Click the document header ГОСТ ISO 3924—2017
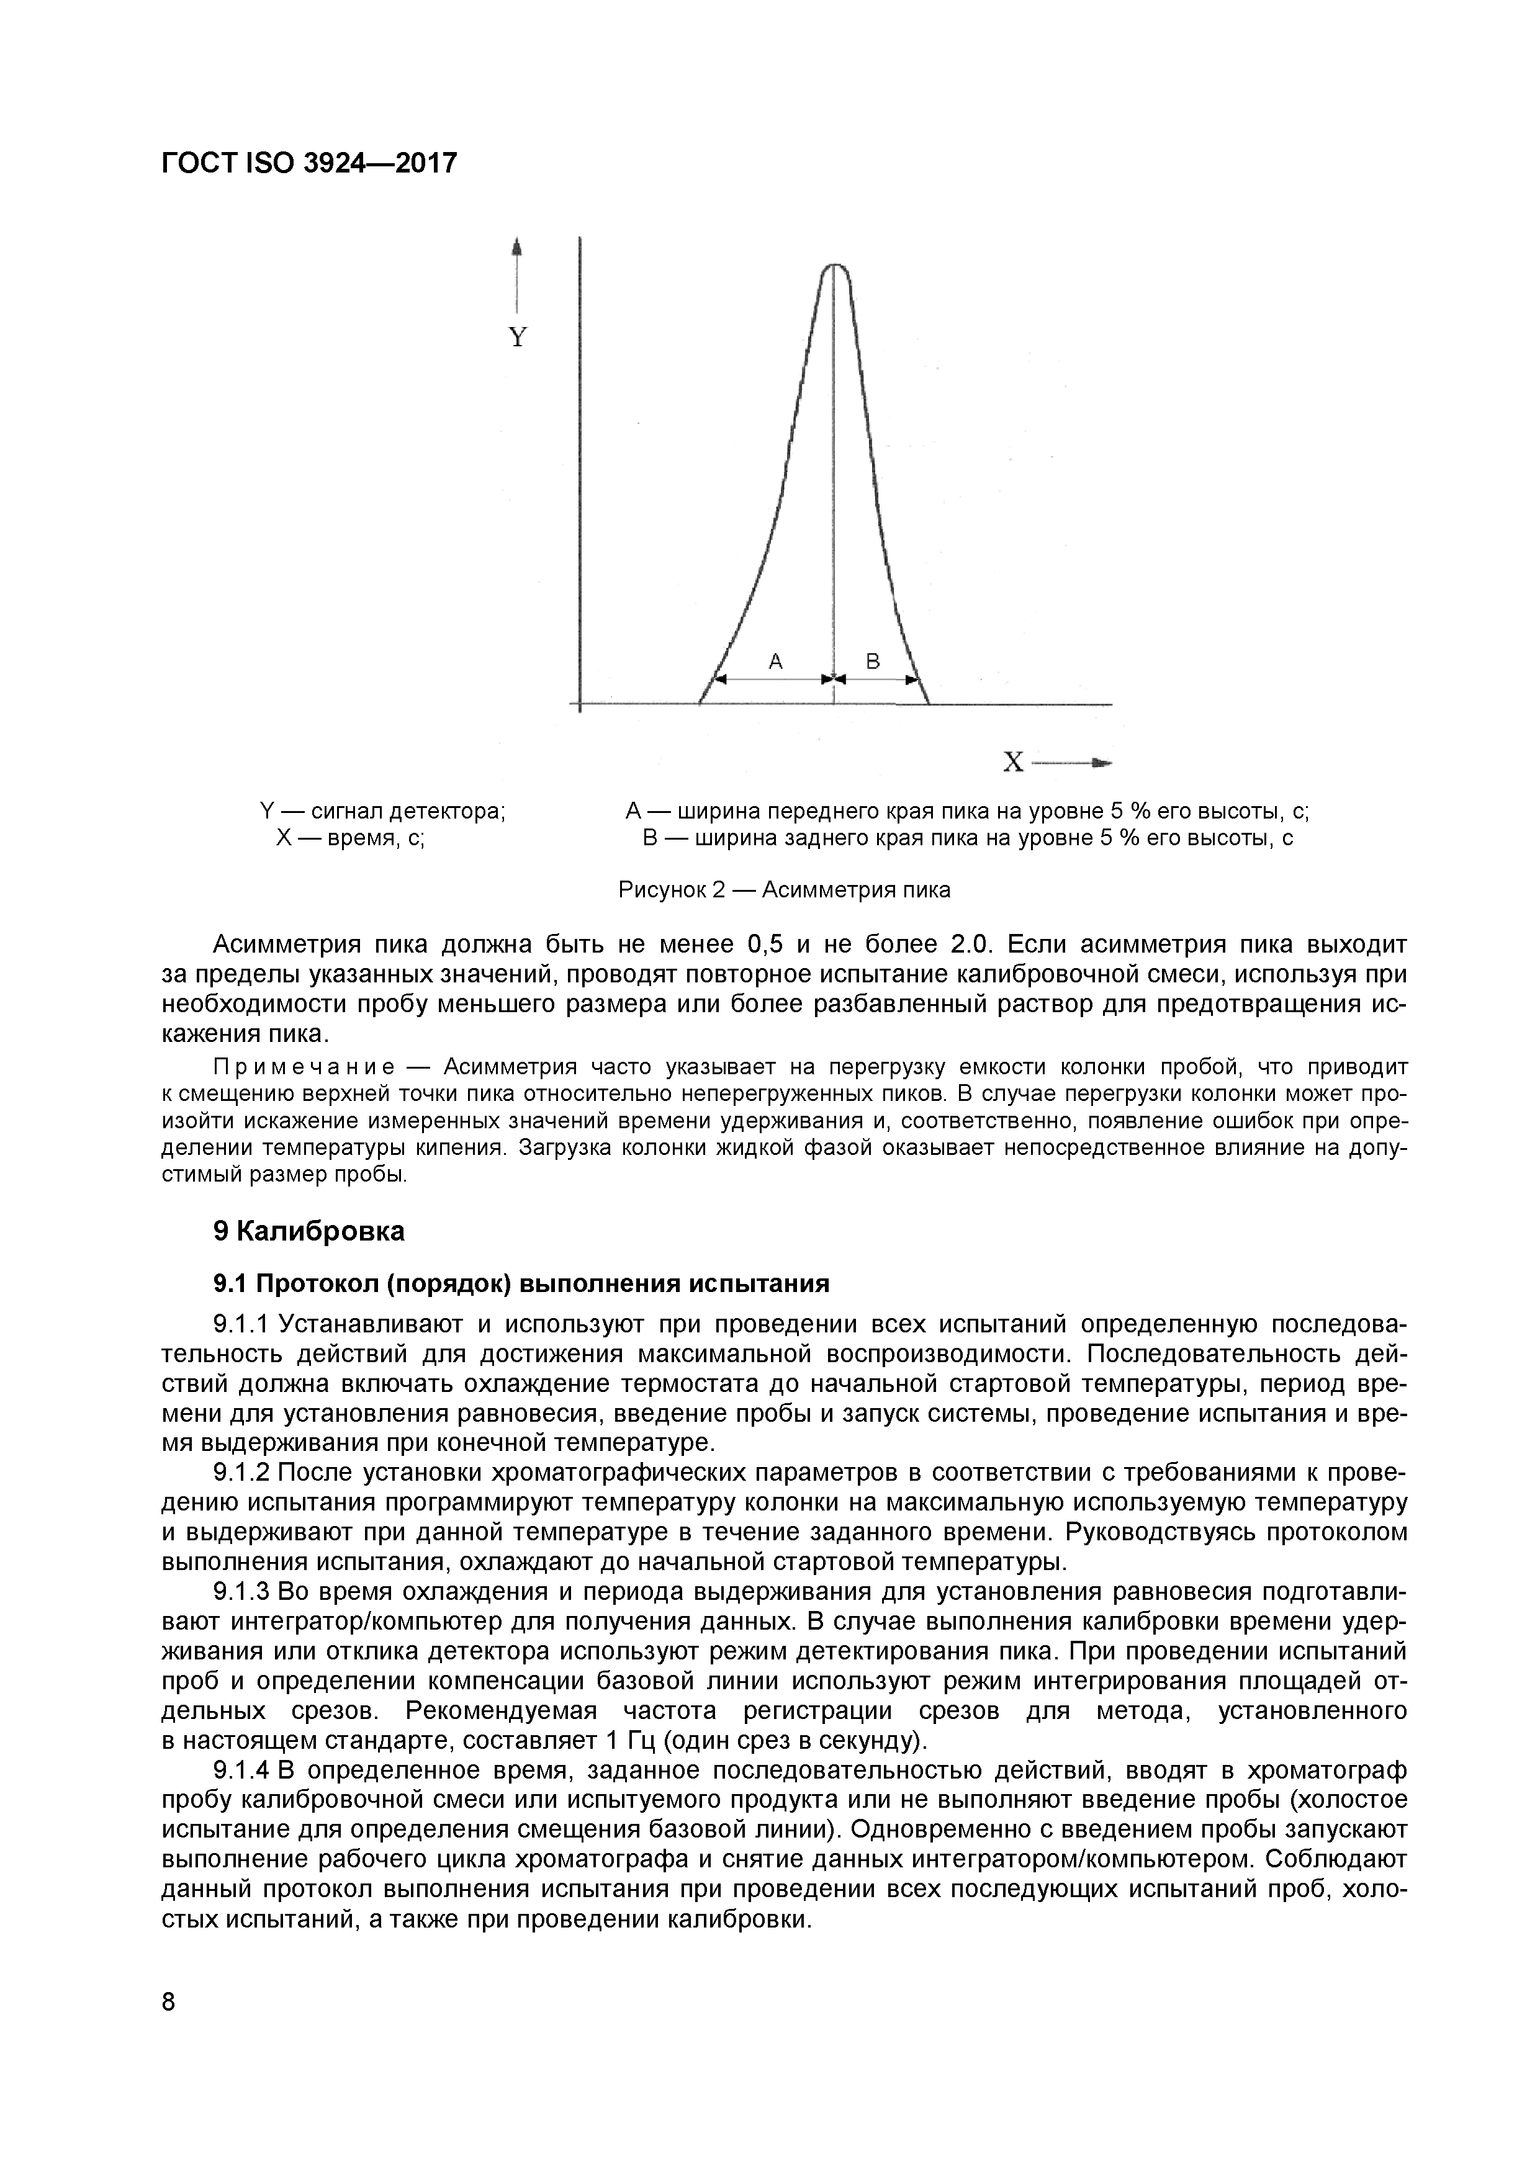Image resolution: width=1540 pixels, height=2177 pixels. pyautogui.click(x=309, y=164)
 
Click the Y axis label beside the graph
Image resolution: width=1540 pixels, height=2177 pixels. pyautogui.click(x=517, y=338)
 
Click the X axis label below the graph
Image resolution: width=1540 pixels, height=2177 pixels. pyautogui.click(x=1014, y=762)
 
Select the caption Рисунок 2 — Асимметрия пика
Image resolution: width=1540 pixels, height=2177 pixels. pyautogui.click(x=783, y=889)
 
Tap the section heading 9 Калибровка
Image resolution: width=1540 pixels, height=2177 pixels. pyautogui.click(x=308, y=1232)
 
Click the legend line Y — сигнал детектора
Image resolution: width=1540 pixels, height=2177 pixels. pyautogui.click(x=382, y=812)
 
